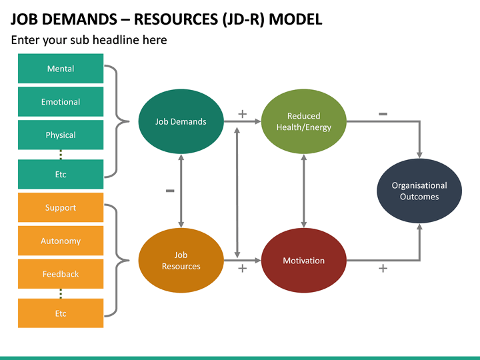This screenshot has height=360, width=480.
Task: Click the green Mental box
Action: (x=61, y=69)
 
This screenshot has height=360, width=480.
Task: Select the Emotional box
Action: (x=61, y=102)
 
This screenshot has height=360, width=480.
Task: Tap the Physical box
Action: (x=61, y=135)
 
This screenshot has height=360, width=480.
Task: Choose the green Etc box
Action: (x=61, y=174)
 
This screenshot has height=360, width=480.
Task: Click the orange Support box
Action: (x=61, y=207)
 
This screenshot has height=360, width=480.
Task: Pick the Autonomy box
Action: (x=61, y=241)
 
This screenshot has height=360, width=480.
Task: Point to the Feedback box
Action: (x=61, y=274)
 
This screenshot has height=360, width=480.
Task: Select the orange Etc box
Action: (x=61, y=313)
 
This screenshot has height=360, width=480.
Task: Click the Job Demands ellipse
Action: (x=181, y=121)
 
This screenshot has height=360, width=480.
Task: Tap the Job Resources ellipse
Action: (x=181, y=261)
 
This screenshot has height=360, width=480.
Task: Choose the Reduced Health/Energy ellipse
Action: (x=303, y=121)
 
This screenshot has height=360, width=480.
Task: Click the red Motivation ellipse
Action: (x=303, y=261)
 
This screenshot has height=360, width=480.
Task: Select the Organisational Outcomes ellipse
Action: (x=419, y=191)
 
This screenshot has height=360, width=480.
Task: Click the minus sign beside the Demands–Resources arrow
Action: (x=170, y=191)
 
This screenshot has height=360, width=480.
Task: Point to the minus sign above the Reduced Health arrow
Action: (x=383, y=114)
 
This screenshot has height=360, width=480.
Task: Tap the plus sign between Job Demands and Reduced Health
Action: (x=242, y=115)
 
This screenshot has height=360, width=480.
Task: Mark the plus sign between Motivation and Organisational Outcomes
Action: (x=383, y=268)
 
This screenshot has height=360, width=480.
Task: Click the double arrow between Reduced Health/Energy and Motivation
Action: (x=303, y=191)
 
